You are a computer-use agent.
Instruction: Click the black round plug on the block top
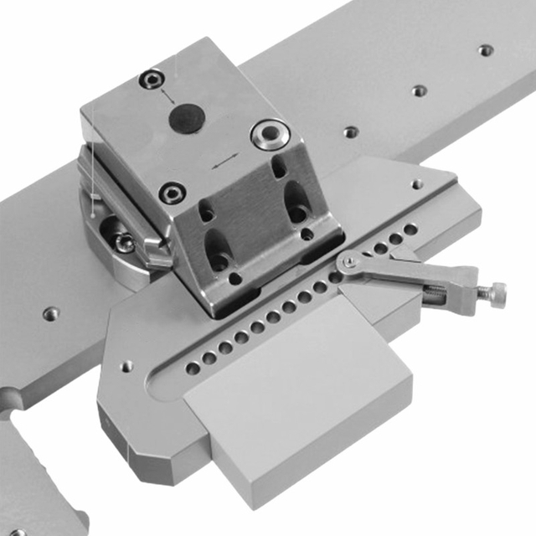tap(186, 118)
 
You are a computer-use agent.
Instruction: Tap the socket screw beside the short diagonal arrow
tap(150, 80)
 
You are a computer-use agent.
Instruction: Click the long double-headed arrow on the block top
tap(223, 162)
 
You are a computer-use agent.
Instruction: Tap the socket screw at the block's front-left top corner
tap(173, 193)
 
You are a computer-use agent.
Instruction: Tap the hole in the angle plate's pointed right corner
tap(417, 184)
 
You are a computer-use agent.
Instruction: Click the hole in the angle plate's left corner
tap(126, 366)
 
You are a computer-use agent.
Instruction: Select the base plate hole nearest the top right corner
tap(486, 50)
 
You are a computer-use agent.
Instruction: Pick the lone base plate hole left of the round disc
tap(51, 313)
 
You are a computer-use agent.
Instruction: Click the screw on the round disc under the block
tap(124, 243)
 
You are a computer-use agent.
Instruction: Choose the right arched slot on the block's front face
tap(296, 201)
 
